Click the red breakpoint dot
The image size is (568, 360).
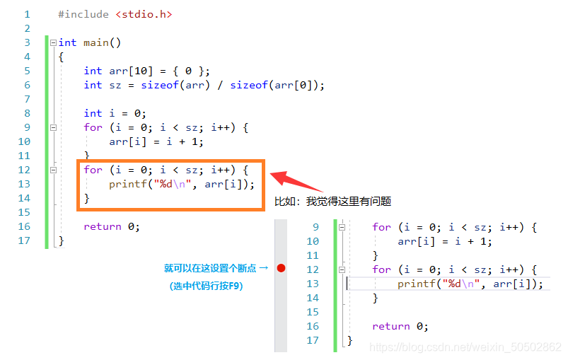[281, 269]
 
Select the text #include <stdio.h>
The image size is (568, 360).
[115, 14]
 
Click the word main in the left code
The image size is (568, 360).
[96, 42]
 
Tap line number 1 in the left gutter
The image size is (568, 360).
[27, 14]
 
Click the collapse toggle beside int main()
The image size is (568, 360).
[53, 42]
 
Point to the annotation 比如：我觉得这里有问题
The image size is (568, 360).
[332, 202]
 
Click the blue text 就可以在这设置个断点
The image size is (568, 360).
[211, 269]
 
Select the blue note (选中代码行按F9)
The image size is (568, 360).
[206, 286]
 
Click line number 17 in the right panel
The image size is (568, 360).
[313, 340]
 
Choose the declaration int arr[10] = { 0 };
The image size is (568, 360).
[146, 71]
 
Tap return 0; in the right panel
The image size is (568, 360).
[400, 326]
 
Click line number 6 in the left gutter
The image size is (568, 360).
[27, 85]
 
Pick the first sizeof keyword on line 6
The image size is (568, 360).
[159, 85]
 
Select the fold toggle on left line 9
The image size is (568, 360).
[53, 127]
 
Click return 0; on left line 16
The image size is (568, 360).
[112, 226]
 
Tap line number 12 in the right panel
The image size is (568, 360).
[313, 269]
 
